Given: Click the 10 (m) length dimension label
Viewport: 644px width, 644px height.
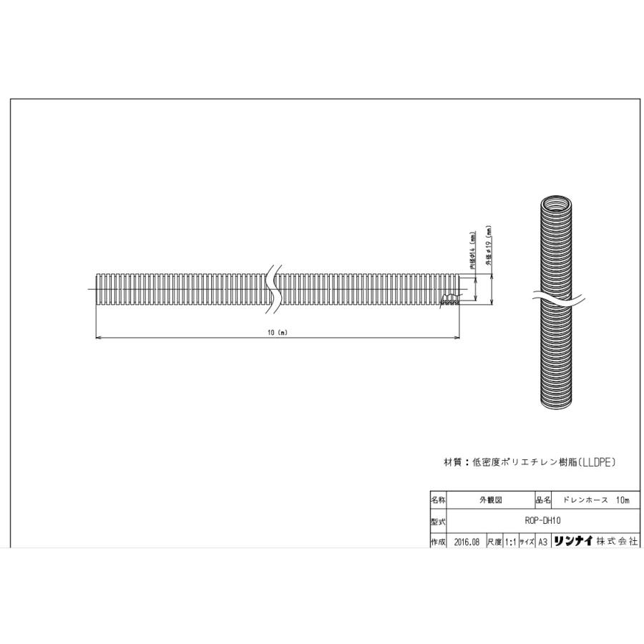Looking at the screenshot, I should (x=276, y=333).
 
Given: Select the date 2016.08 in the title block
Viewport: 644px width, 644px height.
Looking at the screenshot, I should (x=466, y=542).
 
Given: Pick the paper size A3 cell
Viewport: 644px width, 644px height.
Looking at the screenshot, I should (x=542, y=542).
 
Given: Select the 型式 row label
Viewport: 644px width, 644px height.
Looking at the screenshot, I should (x=438, y=522).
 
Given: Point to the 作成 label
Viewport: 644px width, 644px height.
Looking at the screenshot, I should (x=438, y=542).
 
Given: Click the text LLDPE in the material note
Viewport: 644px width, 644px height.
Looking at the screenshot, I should (x=593, y=463).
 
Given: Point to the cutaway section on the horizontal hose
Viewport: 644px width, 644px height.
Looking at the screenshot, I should (x=451, y=298).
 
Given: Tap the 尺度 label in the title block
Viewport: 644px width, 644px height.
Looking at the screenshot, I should (x=494, y=542).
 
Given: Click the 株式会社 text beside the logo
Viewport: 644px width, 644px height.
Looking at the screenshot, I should (x=618, y=542).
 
